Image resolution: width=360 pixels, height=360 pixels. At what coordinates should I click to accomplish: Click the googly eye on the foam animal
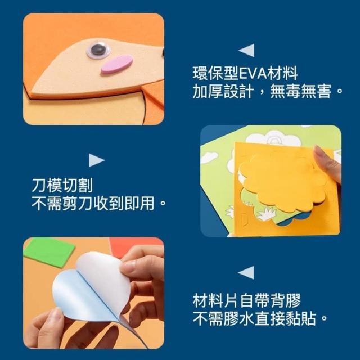98,49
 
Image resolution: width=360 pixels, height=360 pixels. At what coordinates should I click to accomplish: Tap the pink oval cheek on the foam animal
117,65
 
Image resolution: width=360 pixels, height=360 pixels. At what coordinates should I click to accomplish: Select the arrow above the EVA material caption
246,50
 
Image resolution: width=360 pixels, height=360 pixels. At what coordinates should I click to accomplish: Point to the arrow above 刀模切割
97,160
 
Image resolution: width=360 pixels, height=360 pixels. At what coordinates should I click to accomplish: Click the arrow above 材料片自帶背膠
246,272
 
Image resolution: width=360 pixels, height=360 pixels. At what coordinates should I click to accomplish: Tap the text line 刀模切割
62,185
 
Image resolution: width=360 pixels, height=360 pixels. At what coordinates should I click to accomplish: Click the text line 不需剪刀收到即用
99,203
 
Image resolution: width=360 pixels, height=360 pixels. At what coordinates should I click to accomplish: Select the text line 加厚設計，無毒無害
268,91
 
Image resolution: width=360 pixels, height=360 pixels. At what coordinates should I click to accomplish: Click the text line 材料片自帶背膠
246,301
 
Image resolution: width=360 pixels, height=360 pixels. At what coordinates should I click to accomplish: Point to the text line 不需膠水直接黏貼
260,319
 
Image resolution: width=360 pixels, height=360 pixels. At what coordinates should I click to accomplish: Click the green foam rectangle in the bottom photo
49,250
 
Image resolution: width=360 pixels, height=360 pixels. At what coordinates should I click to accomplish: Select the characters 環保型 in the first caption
215,74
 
